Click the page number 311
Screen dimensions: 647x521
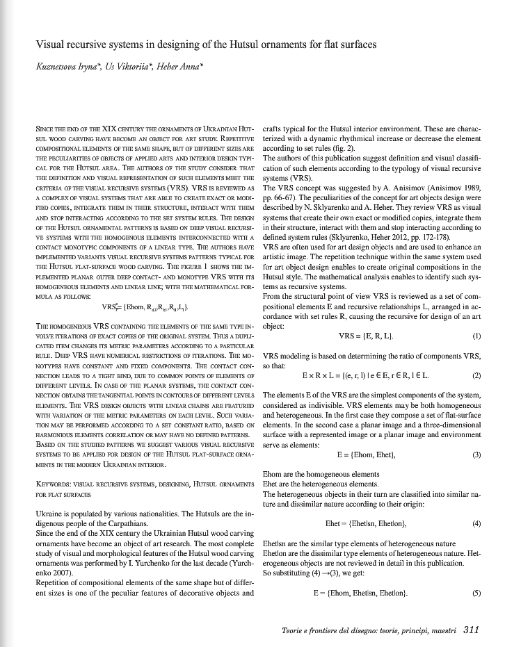[471, 630]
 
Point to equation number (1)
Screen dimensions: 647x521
[476, 336]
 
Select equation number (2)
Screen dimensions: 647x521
[476, 376]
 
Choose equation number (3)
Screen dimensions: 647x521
[476, 455]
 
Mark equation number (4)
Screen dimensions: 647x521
[476, 523]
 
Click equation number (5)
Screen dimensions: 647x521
[476, 593]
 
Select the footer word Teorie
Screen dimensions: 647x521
[295, 630]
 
